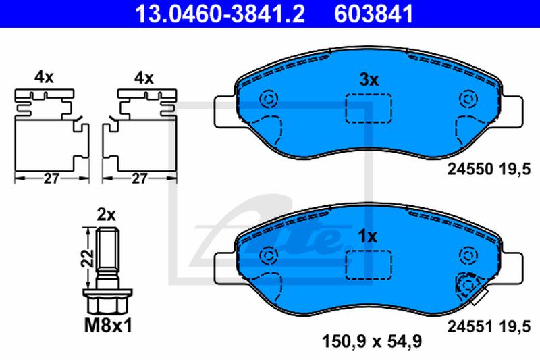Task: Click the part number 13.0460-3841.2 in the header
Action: coord(220,14)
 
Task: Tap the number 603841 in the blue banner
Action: coord(374,14)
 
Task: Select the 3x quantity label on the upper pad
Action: coord(369,80)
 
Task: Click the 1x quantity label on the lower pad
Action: coord(368,236)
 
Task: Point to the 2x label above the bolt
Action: coord(107,215)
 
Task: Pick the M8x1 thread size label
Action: coord(108,326)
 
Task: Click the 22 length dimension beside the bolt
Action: coord(88,258)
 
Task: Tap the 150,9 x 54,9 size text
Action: coord(372,342)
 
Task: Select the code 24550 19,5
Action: coord(489,169)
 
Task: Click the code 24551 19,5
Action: coord(489,326)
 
